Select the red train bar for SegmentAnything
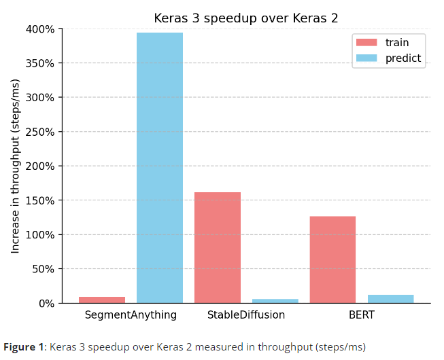(102, 300)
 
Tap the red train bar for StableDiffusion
(218, 247)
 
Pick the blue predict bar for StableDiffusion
(275, 300)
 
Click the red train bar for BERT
(332, 259)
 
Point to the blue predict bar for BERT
(390, 299)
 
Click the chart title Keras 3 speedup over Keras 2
(245, 18)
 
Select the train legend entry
(388, 42)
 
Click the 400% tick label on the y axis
(40, 29)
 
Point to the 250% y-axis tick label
(40, 132)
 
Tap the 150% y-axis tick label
(40, 200)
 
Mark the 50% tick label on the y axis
(43, 269)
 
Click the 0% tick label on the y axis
(46, 304)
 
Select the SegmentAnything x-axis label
(131, 315)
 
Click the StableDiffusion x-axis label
(245, 315)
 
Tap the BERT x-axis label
(361, 315)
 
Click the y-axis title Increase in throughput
(16, 166)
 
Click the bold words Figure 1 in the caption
(23, 347)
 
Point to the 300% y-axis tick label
(40, 98)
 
